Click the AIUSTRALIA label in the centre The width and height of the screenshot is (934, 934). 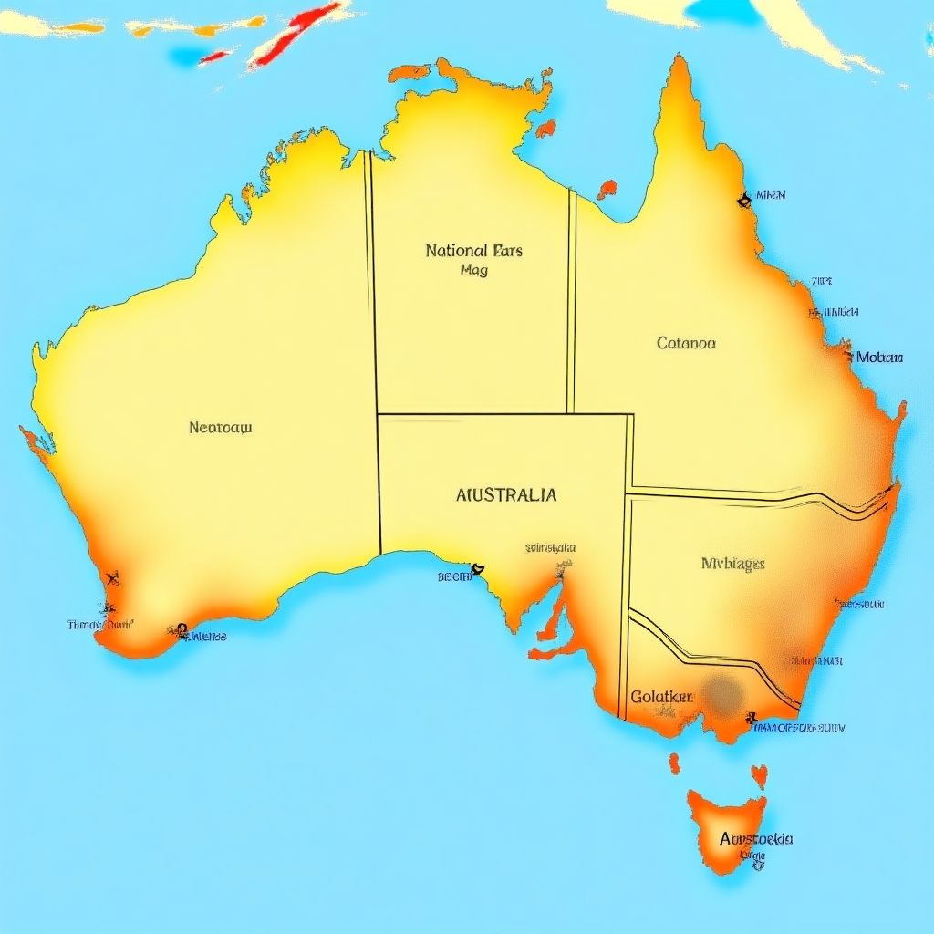tap(505, 496)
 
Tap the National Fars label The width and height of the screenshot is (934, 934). tap(473, 251)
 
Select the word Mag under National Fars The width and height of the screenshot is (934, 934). tap(474, 271)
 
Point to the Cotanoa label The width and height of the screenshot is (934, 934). tap(686, 344)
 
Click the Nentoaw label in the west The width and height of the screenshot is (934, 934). tap(221, 427)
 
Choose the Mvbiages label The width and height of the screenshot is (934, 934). tap(732, 564)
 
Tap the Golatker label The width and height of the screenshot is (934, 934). tap(662, 697)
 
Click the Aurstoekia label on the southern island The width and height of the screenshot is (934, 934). tap(756, 839)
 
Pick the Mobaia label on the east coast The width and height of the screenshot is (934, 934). tap(879, 358)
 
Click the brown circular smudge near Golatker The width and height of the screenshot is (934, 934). tap(724, 694)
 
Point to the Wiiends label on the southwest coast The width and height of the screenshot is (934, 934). tap(209, 637)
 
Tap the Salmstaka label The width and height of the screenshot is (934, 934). tap(550, 548)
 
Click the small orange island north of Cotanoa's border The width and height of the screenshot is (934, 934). tap(607, 189)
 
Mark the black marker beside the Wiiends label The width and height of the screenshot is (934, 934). tap(182, 630)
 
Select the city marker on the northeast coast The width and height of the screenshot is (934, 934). tap(744, 198)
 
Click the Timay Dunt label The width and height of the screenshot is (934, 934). tap(100, 625)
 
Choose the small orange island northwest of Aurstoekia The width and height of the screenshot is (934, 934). tap(675, 763)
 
